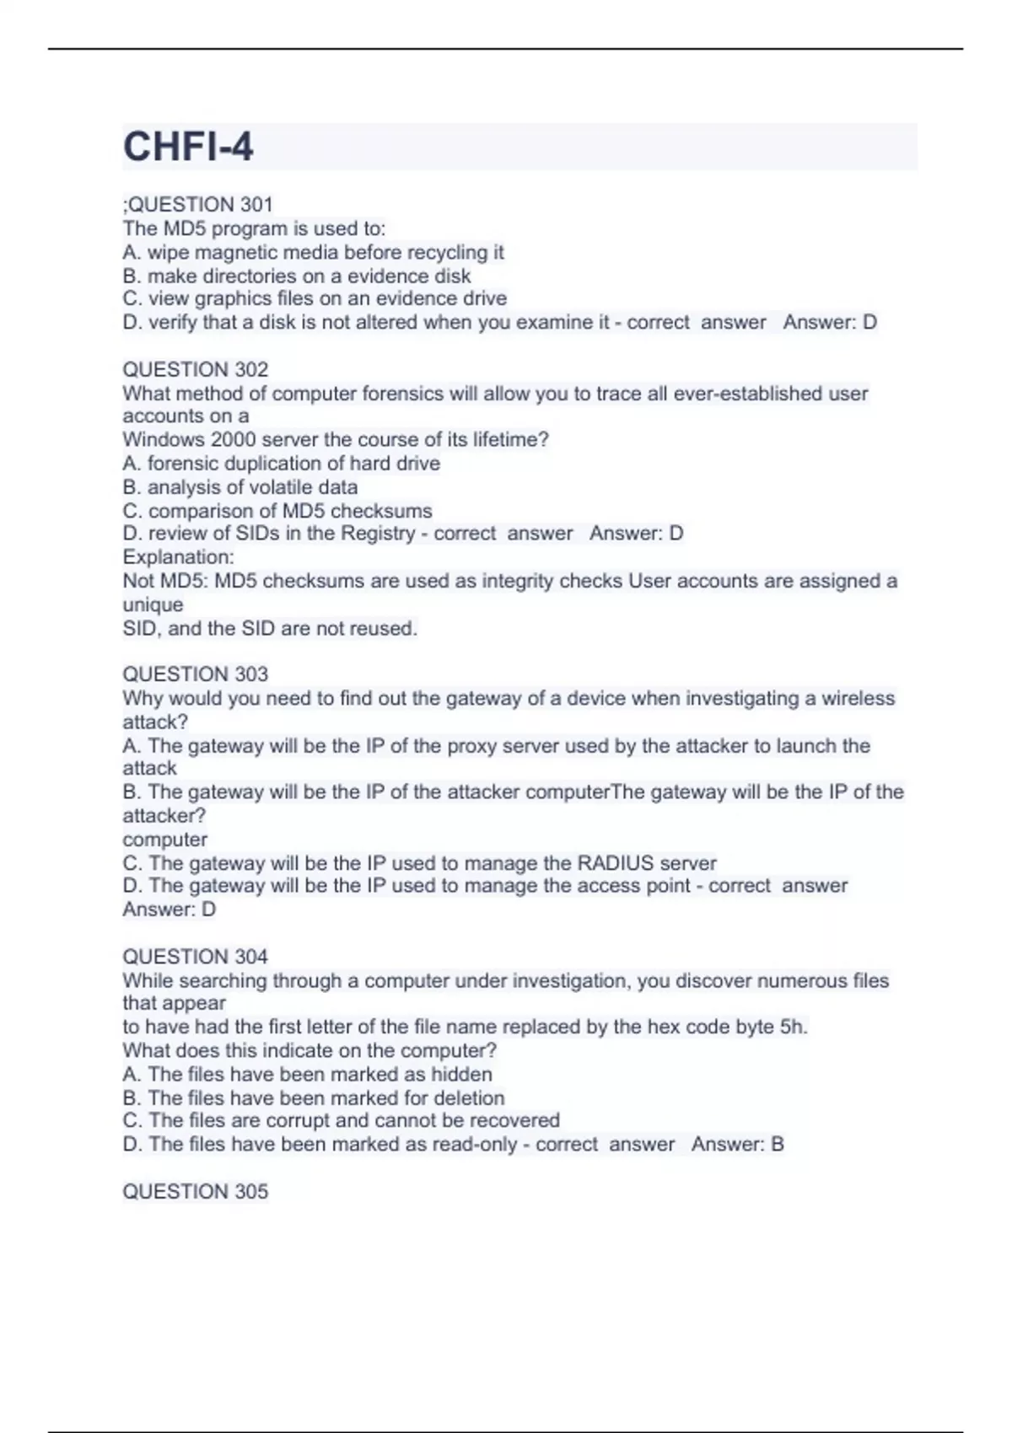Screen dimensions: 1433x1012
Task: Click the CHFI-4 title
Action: tap(188, 148)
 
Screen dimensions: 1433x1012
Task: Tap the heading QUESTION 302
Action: tap(195, 369)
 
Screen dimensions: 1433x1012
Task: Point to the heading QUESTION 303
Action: tap(195, 674)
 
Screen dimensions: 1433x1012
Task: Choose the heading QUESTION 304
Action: tap(195, 957)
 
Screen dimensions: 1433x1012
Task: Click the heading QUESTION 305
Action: tap(195, 1191)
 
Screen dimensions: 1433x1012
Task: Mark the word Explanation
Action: tap(176, 557)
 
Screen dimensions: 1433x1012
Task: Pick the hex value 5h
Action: tap(793, 1027)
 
